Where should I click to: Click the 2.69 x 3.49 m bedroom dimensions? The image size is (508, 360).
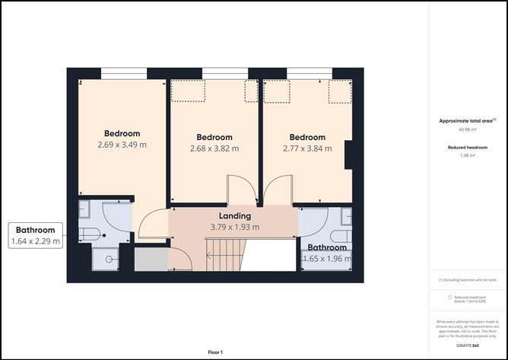click(122, 145)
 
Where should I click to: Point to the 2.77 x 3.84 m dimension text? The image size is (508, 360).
click(307, 148)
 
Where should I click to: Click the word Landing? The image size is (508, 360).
click(234, 216)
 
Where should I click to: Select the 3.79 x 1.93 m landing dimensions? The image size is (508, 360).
click(234, 227)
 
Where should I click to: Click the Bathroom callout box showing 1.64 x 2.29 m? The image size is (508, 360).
click(35, 236)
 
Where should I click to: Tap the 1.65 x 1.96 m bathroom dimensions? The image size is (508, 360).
click(328, 259)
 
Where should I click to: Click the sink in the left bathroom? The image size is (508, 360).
click(84, 210)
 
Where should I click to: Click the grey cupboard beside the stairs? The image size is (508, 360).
click(151, 259)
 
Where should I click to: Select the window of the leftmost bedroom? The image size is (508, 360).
click(124, 74)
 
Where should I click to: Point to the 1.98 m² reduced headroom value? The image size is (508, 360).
click(467, 155)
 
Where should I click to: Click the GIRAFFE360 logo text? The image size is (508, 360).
click(467, 346)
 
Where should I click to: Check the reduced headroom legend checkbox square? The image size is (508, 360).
click(449, 298)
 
